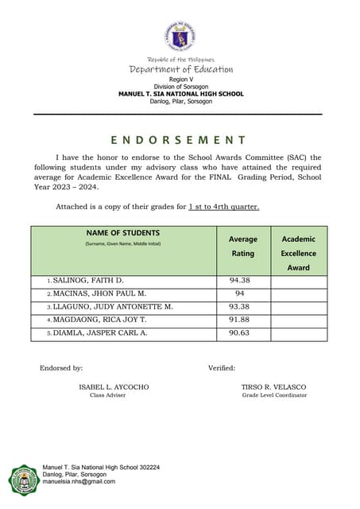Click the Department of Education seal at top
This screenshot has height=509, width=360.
click(x=180, y=37)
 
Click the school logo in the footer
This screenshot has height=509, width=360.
click(x=22, y=480)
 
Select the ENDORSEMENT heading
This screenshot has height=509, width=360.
click(x=179, y=140)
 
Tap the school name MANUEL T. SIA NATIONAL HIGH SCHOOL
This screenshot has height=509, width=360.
click(x=180, y=94)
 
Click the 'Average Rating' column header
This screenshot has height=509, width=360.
click(x=242, y=246)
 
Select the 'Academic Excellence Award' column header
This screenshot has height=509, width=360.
click(x=298, y=253)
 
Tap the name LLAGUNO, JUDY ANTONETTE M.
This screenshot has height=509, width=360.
click(x=112, y=306)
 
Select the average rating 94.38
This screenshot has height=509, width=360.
click(x=240, y=281)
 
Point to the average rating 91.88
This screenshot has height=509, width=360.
click(x=240, y=320)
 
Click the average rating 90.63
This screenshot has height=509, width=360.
click(x=240, y=332)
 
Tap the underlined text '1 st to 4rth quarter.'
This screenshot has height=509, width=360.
click(x=223, y=207)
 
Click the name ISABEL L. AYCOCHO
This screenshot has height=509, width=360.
click(x=114, y=387)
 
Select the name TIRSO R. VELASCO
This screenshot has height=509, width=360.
click(x=273, y=387)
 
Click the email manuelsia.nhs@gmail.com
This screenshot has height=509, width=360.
click(x=79, y=482)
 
